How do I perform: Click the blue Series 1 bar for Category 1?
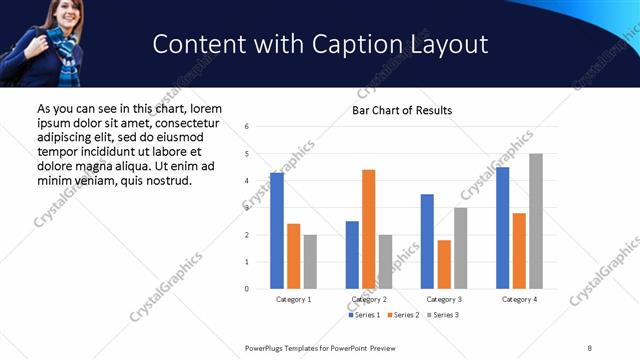[x=277, y=231]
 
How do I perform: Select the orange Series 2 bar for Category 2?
[x=368, y=229]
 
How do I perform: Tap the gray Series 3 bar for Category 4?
[x=536, y=221]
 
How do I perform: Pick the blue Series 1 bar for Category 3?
[x=427, y=241]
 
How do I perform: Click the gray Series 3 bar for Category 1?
[x=310, y=262]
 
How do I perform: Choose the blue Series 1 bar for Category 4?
[x=502, y=228]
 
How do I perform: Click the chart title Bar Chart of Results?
[x=402, y=110]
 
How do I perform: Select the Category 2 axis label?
[x=369, y=299]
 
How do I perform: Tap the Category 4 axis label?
[x=519, y=299]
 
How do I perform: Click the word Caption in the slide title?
[x=329, y=44]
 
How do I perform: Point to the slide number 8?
[x=590, y=347]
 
